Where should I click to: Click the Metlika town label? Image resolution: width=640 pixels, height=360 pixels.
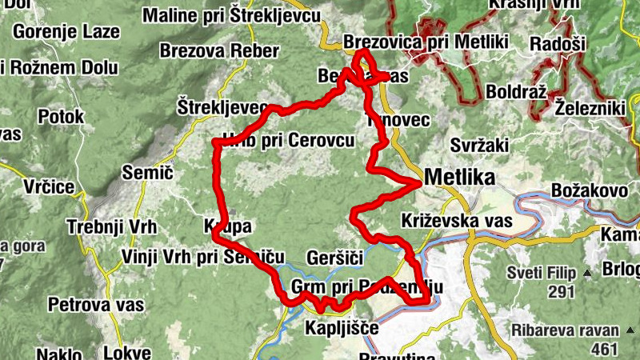(x=460, y=176)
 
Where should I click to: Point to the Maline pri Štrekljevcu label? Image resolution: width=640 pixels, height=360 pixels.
(x=232, y=15)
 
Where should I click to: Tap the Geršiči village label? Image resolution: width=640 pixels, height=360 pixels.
(x=335, y=258)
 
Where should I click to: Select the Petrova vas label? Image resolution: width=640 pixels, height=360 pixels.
(x=96, y=304)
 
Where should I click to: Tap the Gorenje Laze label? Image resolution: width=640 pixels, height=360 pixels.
(x=66, y=33)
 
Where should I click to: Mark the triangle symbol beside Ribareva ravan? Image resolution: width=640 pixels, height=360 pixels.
(x=629, y=330)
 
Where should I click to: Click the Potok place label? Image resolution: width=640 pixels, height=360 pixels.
(x=60, y=116)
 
